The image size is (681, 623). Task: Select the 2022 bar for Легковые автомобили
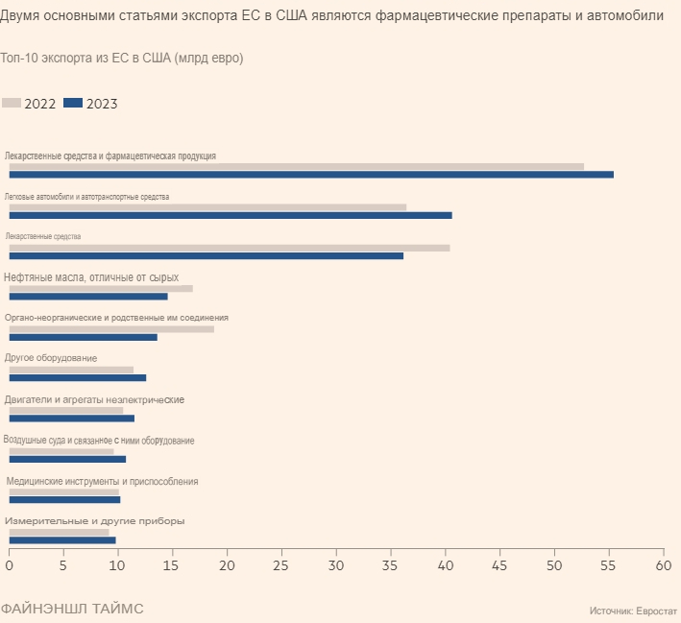(207, 206)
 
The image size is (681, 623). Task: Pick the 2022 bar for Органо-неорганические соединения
(111, 329)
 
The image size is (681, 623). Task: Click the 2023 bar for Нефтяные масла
(88, 297)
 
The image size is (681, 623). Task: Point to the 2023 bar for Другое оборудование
(78, 378)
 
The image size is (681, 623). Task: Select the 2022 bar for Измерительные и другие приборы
(59, 532)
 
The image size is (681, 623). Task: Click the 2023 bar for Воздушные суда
(67, 459)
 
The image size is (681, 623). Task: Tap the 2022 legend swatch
(12, 103)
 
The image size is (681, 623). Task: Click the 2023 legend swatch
(73, 103)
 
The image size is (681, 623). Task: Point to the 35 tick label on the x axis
(391, 566)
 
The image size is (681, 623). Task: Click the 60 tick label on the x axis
(664, 566)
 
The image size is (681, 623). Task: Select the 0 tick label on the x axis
(10, 566)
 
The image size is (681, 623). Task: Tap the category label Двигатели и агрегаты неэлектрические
(94, 399)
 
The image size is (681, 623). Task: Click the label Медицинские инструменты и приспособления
(102, 481)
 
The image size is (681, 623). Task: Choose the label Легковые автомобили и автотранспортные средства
(86, 196)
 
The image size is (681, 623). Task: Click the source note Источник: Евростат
(632, 610)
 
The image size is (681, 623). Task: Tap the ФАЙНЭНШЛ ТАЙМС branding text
(71, 609)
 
